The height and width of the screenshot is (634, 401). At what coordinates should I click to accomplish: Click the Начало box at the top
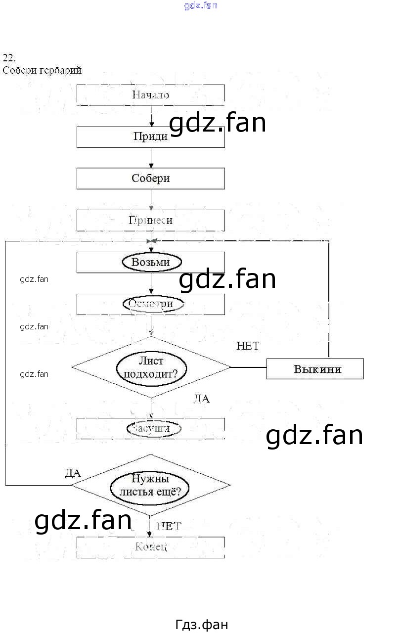pos(150,95)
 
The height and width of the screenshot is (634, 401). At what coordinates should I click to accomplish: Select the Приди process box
pos(150,137)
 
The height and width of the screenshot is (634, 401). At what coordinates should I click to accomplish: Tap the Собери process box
pos(150,179)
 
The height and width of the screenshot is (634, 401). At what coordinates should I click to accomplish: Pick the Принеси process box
pos(150,221)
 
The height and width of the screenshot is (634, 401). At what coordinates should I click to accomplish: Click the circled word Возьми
pos(151,262)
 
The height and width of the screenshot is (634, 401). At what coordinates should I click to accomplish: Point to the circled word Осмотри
pos(151,304)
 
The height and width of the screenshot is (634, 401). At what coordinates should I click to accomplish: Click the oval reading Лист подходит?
pos(151,367)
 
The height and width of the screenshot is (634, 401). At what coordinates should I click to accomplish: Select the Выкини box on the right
pos(315,369)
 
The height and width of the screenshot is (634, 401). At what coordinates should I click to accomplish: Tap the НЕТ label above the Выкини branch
pos(248,346)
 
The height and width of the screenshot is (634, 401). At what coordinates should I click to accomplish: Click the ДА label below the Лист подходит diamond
pos(201,399)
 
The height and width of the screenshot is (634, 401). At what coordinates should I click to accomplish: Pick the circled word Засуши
pos(151,428)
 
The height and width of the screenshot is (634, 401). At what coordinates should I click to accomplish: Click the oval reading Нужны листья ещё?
pos(151,485)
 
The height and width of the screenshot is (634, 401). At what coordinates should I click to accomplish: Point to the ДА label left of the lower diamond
pos(73,473)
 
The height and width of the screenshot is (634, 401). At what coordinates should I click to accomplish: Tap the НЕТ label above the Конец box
pos(169,526)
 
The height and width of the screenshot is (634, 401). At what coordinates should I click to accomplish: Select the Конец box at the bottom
pos(150,547)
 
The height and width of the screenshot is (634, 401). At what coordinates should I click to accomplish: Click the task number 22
pos(9,57)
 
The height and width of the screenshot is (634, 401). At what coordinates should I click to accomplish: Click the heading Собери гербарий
pos(42,70)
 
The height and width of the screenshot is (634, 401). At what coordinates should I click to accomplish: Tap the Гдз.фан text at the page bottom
pos(202,625)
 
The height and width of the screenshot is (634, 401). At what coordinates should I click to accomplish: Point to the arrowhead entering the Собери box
pos(151,166)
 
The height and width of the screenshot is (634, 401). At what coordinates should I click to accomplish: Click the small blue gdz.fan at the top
pos(200,6)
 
